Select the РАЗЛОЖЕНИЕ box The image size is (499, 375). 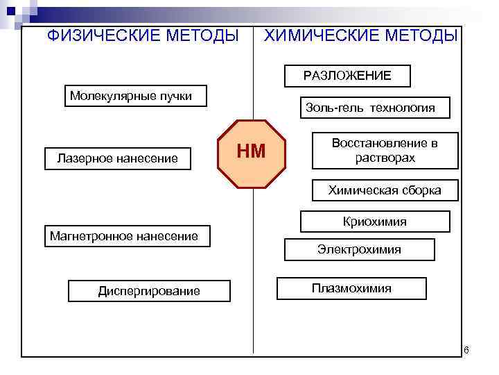coord(347,76)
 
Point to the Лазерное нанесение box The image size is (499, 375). coord(117,159)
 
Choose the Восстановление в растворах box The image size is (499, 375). coord(385,150)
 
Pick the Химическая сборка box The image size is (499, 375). coord(384,190)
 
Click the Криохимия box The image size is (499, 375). coord(375,222)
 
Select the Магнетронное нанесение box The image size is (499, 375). coord(125,237)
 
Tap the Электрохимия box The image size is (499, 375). coord(359,249)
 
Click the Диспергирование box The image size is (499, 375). coord(149,291)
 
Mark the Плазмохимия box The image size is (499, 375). coord(351,288)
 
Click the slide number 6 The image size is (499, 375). coord(466,349)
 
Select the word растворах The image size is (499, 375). coord(385,158)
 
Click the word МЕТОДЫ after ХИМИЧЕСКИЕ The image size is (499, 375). coord(424,35)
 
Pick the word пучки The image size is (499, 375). coord(175,96)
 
